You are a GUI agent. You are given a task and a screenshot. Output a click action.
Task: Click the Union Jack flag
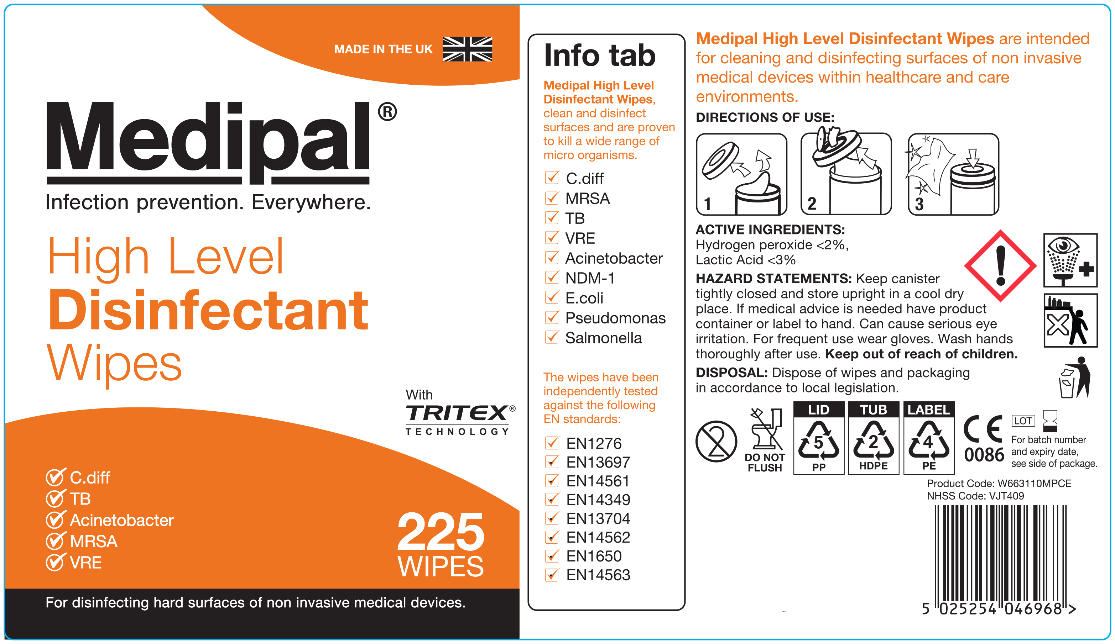tap(467, 49)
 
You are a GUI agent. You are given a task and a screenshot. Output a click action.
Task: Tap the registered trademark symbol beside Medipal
tap(387, 112)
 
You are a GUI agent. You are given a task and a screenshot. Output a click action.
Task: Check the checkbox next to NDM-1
tap(552, 277)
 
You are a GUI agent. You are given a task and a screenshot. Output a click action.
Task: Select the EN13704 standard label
tap(598, 518)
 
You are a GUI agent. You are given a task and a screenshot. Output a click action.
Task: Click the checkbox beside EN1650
tap(552, 556)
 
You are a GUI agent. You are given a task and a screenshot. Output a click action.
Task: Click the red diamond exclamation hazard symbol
tap(1000, 266)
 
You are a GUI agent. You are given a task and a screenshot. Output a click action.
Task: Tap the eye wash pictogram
tap(1070, 260)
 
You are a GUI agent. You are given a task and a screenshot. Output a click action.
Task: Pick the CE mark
tap(983, 428)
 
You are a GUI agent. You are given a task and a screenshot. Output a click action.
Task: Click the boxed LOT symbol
tap(1023, 421)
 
